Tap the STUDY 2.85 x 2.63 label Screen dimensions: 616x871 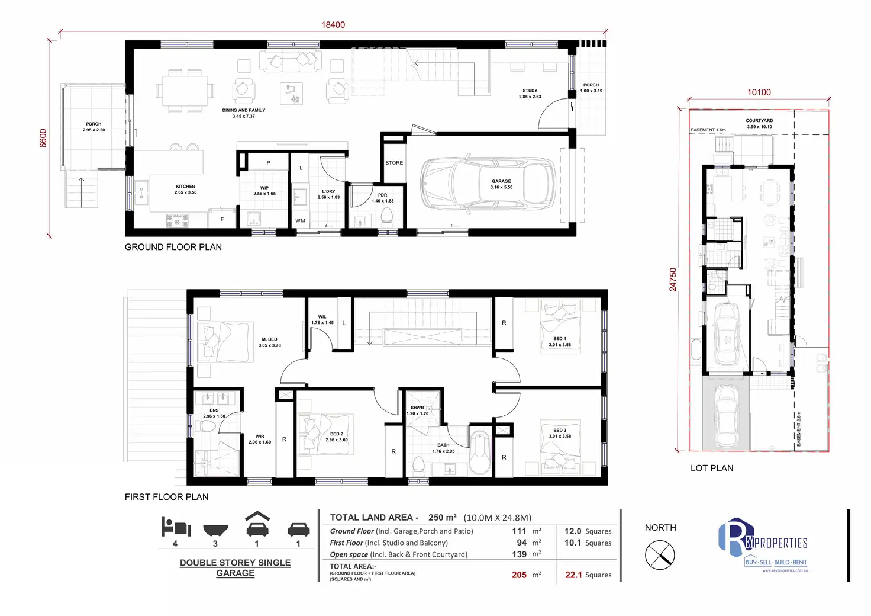point(530,94)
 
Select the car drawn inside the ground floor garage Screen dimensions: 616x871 point(488,185)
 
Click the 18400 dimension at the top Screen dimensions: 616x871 point(333,25)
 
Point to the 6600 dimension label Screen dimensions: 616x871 point(43,138)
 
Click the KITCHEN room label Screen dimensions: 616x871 point(185,189)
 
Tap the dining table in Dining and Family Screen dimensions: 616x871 point(185,91)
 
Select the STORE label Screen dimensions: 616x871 point(394,163)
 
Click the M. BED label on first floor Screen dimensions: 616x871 point(269,342)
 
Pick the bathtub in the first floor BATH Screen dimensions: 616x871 point(479,453)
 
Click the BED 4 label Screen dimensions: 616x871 point(559,341)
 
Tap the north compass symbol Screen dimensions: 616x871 point(659,556)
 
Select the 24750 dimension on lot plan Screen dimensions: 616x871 point(673,280)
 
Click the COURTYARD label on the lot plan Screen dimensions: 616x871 point(759,123)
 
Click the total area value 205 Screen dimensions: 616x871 point(519,575)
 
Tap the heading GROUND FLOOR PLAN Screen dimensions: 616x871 point(173,247)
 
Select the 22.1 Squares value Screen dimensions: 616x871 point(588,575)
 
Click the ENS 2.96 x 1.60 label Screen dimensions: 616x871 point(214,413)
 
